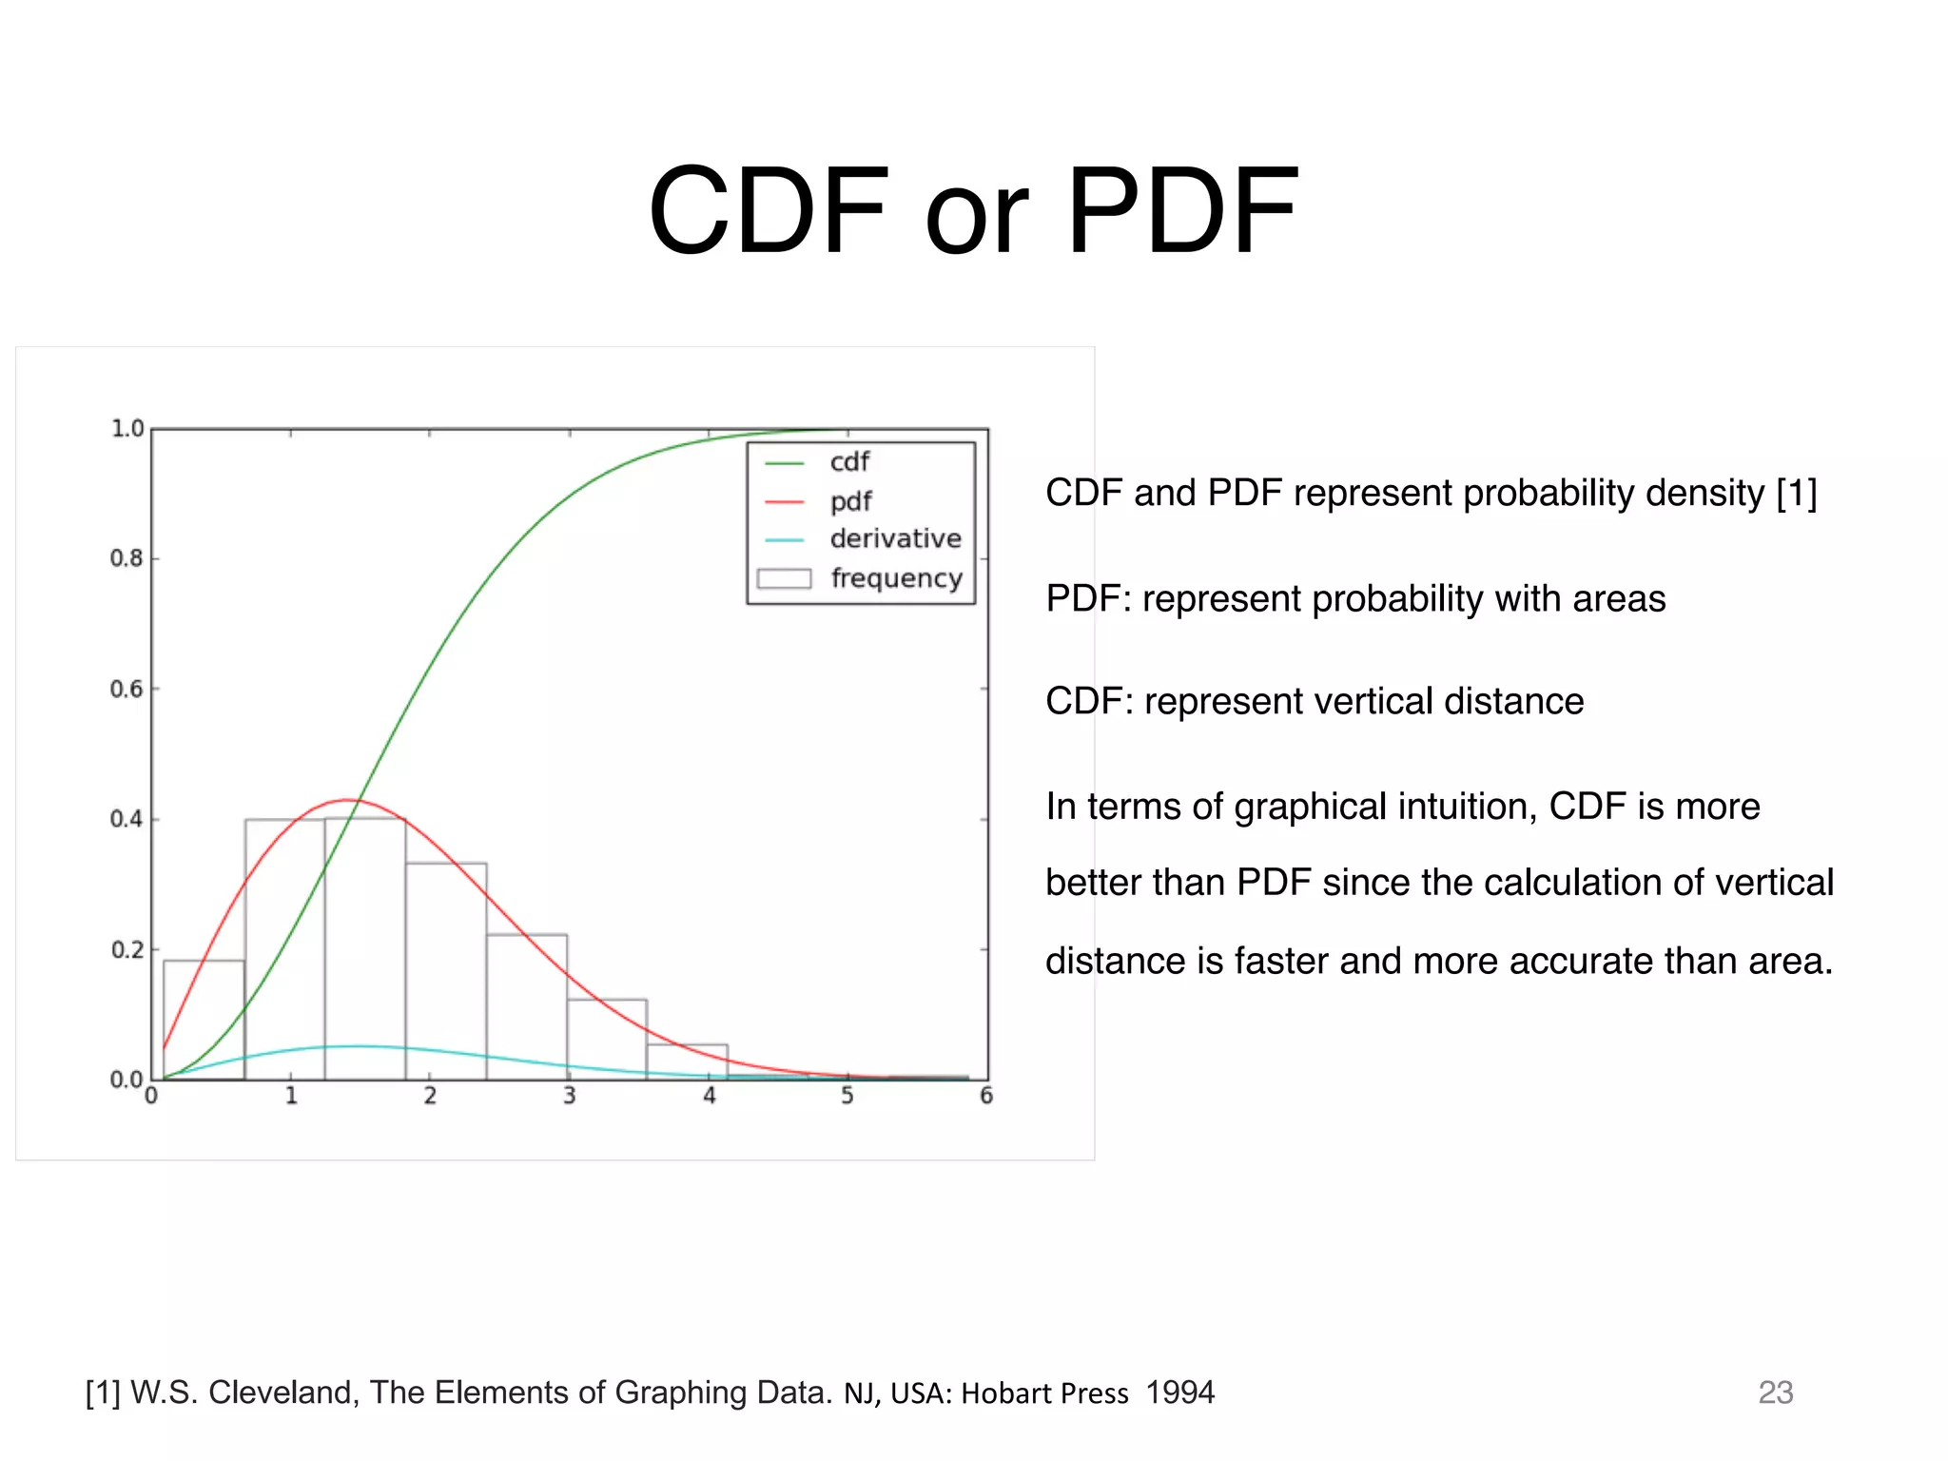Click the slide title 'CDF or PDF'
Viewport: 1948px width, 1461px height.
[x=972, y=211]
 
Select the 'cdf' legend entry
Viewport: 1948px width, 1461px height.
[x=848, y=462]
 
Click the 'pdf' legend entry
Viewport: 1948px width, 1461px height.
[x=850, y=501]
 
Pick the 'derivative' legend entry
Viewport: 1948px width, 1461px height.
[x=894, y=539]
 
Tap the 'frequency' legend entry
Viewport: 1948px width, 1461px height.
[x=896, y=578]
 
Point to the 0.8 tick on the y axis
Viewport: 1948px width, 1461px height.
[x=127, y=558]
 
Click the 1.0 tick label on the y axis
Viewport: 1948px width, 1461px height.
[x=127, y=429]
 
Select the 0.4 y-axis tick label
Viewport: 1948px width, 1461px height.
[x=127, y=819]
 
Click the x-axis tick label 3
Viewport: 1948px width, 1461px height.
[x=569, y=1097]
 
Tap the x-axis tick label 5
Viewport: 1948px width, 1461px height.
[x=847, y=1097]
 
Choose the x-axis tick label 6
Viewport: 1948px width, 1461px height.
[x=986, y=1097]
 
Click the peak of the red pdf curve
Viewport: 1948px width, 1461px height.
[x=348, y=800]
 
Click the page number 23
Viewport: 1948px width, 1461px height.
[x=1775, y=1393]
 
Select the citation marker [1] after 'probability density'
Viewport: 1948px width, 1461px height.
[x=1796, y=494]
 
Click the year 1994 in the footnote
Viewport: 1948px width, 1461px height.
[x=1179, y=1393]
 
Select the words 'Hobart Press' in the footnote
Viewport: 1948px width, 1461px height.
[x=1044, y=1393]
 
